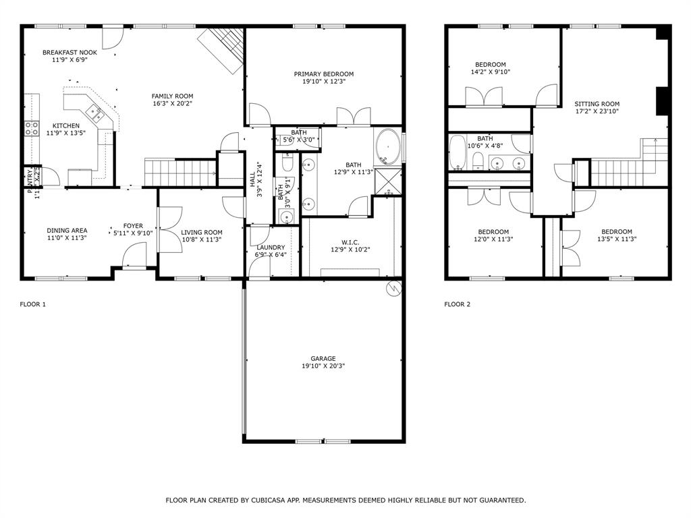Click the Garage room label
point(323,359)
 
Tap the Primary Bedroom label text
point(323,74)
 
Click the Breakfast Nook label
point(70,52)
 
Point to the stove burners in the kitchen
point(31,128)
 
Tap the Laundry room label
point(270,247)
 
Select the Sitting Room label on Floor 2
point(597,104)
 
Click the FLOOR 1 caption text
point(32,304)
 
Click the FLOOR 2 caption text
point(457,304)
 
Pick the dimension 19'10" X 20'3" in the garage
point(323,366)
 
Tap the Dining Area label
point(67,231)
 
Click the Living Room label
point(201,232)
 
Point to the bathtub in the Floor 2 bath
point(457,153)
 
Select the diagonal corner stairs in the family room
point(223,49)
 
